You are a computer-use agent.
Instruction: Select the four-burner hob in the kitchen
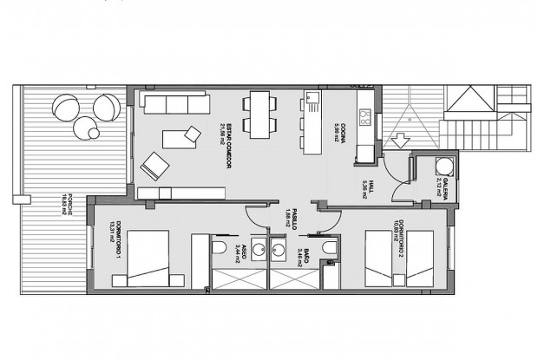point(365,114)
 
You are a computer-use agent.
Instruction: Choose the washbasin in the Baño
point(280,251)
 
